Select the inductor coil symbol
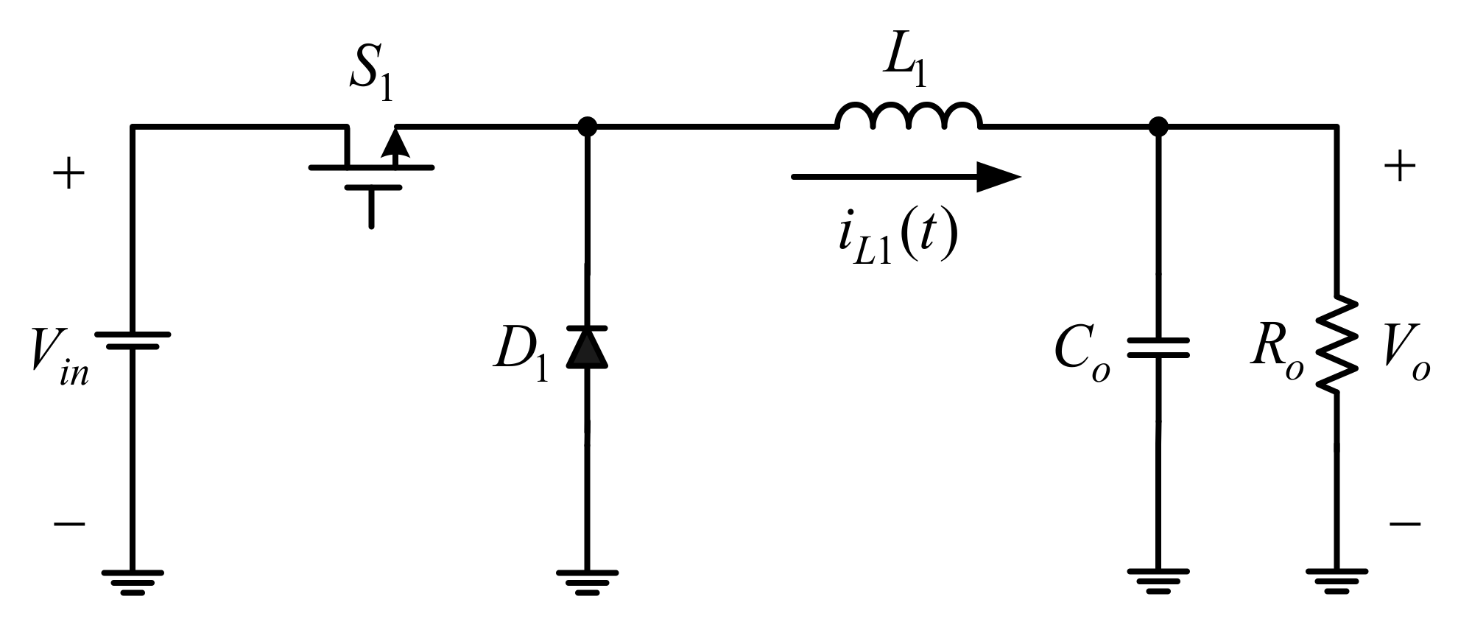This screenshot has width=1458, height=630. [908, 118]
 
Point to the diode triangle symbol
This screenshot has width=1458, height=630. [587, 348]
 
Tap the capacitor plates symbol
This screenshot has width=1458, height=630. [1158, 348]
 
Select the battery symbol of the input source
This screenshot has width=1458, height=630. [133, 340]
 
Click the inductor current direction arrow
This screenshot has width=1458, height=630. [905, 177]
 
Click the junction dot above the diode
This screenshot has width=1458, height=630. [587, 127]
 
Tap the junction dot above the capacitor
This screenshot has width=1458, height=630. [1158, 127]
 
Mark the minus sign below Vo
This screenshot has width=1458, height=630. [1404, 524]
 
